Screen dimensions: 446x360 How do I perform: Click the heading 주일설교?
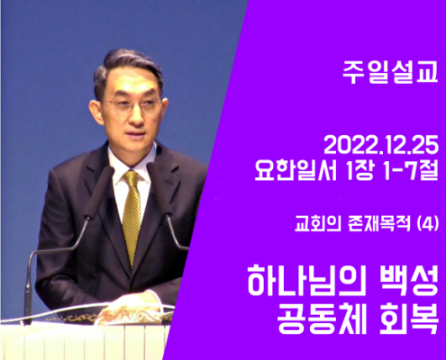click(390, 73)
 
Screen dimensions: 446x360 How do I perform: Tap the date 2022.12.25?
click(381, 147)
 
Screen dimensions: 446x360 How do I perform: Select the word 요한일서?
click(296, 170)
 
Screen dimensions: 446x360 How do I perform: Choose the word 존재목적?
click(379, 224)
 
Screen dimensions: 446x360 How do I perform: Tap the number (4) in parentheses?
click(428, 224)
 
